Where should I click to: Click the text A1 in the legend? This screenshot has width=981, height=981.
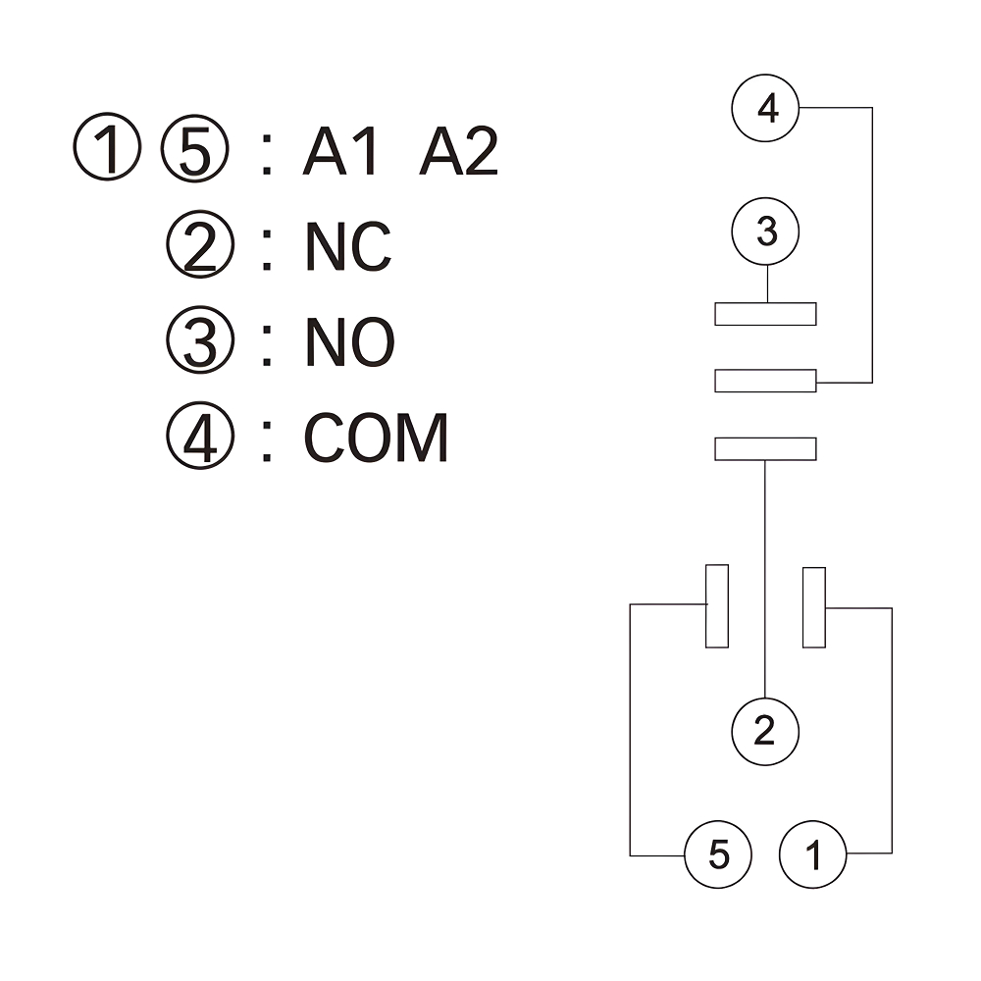pos(340,153)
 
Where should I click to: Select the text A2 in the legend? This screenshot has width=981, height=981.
pos(459,153)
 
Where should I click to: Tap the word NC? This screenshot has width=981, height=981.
pos(348,247)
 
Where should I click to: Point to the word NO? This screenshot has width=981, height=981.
pos(349,342)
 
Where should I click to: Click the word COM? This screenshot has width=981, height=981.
pos(376,438)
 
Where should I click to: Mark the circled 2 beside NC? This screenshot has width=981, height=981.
pos(201,247)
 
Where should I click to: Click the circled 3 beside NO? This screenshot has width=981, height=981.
pos(201,342)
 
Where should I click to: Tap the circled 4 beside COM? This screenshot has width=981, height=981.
pos(201,438)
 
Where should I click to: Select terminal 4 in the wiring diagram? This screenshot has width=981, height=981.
pos(767,108)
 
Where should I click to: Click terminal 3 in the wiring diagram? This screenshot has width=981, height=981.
pos(766,233)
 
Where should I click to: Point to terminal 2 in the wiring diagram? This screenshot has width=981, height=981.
pos(765,731)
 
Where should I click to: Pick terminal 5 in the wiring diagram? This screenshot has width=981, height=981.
pos(718,855)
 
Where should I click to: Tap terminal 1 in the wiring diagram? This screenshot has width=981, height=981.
pos(813,855)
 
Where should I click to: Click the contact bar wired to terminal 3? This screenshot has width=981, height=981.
pos(765,314)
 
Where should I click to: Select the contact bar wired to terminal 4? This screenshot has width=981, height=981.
pos(765,381)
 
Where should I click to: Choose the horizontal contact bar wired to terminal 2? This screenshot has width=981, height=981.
pos(765,448)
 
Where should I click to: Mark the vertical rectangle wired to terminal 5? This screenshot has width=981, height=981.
pos(717,606)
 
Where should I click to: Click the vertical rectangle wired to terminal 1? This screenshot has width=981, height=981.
pos(813,607)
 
